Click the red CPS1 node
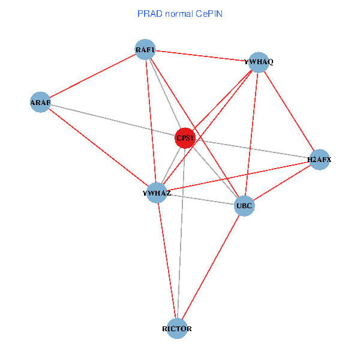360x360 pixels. tap(185, 138)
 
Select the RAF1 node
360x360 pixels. tap(145, 50)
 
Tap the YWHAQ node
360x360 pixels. tap(259, 62)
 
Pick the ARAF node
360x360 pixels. tap(40, 103)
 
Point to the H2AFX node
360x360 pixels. tap(319, 160)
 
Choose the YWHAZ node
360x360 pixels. tap(157, 193)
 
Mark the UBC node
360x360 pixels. tap(244, 206)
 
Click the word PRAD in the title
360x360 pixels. tap(148, 13)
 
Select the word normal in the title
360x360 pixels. tap(179, 13)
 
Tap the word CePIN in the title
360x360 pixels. tap(210, 13)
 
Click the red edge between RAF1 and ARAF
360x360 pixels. tap(93, 76)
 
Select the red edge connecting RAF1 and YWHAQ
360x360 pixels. tap(202, 56)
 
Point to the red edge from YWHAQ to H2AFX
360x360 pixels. tap(289, 111)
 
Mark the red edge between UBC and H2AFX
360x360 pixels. tap(282, 182)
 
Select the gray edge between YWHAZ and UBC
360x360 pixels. tap(200, 199)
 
